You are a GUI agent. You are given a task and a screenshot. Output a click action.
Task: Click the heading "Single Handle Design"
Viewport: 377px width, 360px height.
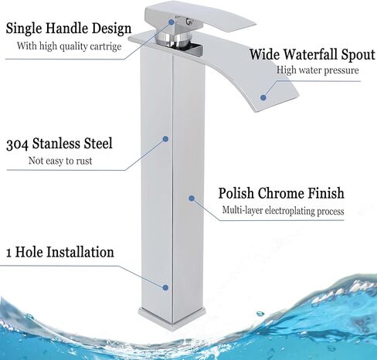coord(69,29)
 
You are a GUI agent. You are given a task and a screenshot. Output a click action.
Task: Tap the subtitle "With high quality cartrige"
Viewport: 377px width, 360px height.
coord(70,46)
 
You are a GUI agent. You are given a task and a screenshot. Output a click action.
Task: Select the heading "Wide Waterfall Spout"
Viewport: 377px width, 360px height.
coord(312,55)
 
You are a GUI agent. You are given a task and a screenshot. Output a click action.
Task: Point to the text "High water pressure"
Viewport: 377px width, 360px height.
coord(318,70)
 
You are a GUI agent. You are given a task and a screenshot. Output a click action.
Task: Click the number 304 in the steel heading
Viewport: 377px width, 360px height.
coord(17,144)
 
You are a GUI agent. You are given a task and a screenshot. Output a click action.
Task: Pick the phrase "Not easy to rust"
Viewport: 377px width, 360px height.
coord(60,161)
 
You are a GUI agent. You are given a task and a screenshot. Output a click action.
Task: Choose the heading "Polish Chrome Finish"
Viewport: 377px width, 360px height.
coord(281,194)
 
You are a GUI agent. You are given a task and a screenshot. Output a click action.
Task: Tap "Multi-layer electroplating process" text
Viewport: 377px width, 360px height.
coord(283,211)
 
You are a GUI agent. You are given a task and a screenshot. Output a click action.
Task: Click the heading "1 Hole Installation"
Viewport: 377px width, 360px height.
coord(59,252)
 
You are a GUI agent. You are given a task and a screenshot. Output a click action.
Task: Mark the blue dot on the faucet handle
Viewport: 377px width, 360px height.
coord(172,22)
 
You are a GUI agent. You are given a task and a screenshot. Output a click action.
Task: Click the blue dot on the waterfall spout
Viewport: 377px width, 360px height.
coord(263,97)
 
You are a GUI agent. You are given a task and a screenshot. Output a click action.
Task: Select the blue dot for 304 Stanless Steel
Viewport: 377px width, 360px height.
coord(165,139)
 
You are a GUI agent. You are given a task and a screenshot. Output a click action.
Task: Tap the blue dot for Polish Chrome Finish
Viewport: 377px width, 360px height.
coord(192,199)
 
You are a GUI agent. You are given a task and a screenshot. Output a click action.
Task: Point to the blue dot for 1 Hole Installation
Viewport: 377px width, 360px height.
coord(165,287)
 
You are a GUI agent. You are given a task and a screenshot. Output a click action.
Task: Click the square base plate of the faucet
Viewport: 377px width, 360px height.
coord(172,318)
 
